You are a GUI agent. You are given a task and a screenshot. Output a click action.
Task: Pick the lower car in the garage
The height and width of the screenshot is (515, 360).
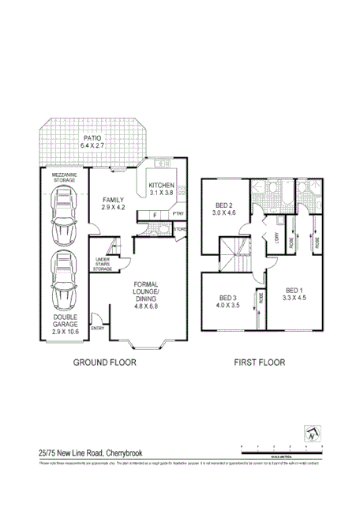pos(63,281)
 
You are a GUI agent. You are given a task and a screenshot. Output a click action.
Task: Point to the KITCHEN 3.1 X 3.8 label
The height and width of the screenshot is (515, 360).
pos(161,189)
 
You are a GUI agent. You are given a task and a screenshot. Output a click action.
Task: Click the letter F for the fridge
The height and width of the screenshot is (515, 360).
pos(155,214)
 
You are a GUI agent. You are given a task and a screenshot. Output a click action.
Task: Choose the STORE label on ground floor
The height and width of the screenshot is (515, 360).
pos(179,230)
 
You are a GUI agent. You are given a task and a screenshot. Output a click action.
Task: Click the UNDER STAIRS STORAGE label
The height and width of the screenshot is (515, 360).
pos(103,265)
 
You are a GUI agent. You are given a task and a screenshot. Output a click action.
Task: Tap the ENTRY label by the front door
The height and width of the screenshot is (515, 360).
pos(98,328)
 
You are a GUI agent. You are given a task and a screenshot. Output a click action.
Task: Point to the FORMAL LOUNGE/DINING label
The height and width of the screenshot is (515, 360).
pos(147,294)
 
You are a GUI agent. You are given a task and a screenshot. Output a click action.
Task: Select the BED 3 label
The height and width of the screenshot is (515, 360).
pos(230,303)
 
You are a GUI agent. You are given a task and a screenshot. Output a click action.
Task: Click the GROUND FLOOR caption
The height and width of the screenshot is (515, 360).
pos(105,363)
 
